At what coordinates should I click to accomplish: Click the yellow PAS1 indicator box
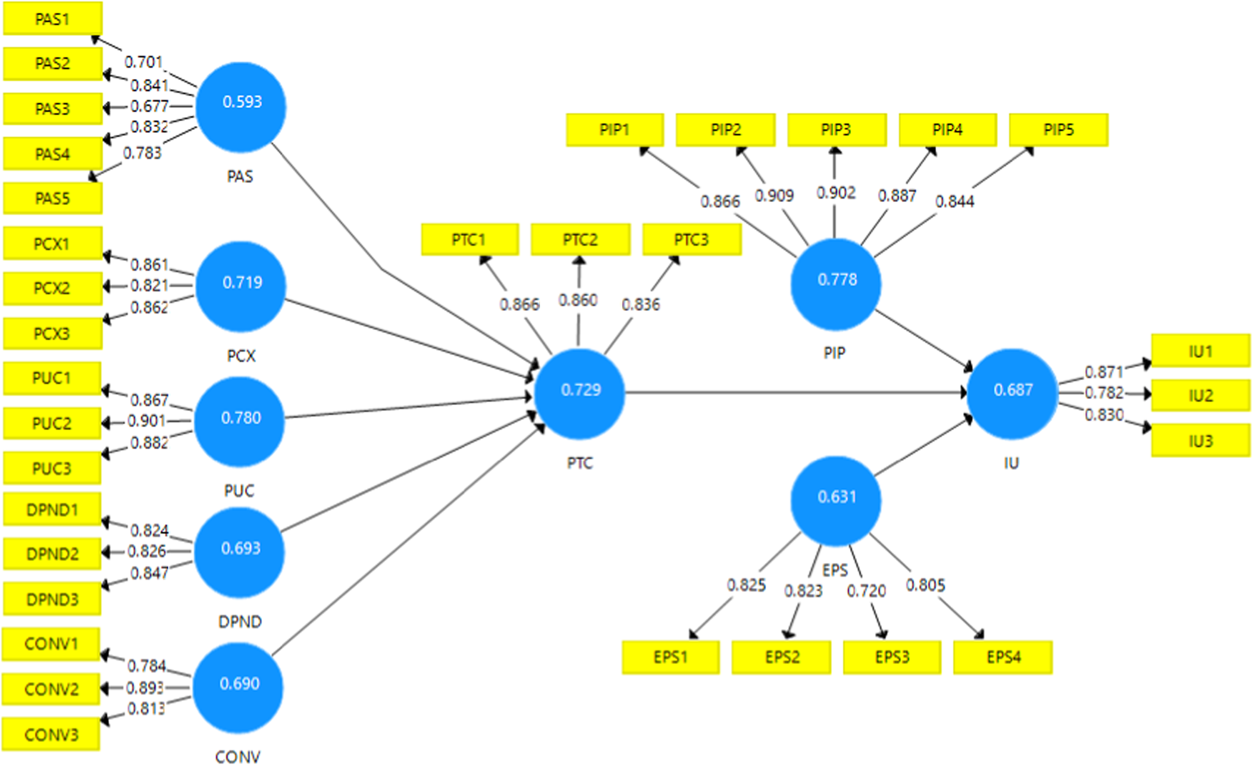(53, 18)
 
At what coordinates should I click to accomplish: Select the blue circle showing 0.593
(241, 107)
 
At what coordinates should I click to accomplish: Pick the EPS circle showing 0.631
(836, 500)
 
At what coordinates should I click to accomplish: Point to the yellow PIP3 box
(836, 130)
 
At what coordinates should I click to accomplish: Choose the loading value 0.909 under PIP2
(774, 196)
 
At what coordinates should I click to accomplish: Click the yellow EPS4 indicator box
(1002, 657)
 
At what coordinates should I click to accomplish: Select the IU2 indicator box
(1200, 396)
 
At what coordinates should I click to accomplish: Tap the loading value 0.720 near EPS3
(866, 591)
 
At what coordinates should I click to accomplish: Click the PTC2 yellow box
(580, 240)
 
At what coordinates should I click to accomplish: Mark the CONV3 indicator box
(51, 734)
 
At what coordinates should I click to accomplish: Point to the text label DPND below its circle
(239, 621)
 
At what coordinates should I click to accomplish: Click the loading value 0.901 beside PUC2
(147, 421)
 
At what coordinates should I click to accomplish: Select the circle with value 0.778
(836, 284)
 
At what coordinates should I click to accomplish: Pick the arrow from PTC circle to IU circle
(796, 393)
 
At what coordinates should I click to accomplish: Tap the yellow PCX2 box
(52, 288)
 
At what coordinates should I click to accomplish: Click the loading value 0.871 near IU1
(1103, 372)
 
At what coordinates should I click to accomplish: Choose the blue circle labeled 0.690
(238, 687)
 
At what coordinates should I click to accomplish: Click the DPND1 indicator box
(52, 510)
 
